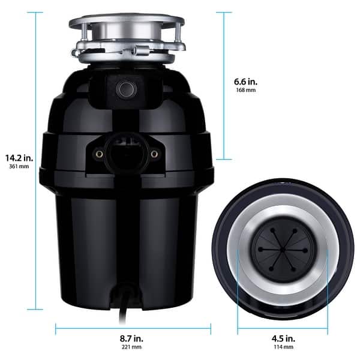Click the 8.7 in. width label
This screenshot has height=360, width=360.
[133, 338]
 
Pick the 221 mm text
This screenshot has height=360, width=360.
[133, 347]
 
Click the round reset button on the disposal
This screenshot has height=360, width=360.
[126, 89]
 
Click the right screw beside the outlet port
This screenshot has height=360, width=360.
[154, 154]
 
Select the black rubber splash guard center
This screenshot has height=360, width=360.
[282, 247]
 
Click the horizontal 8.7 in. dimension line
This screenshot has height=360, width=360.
[133, 328]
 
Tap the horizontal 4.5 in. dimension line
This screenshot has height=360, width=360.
[282, 328]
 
